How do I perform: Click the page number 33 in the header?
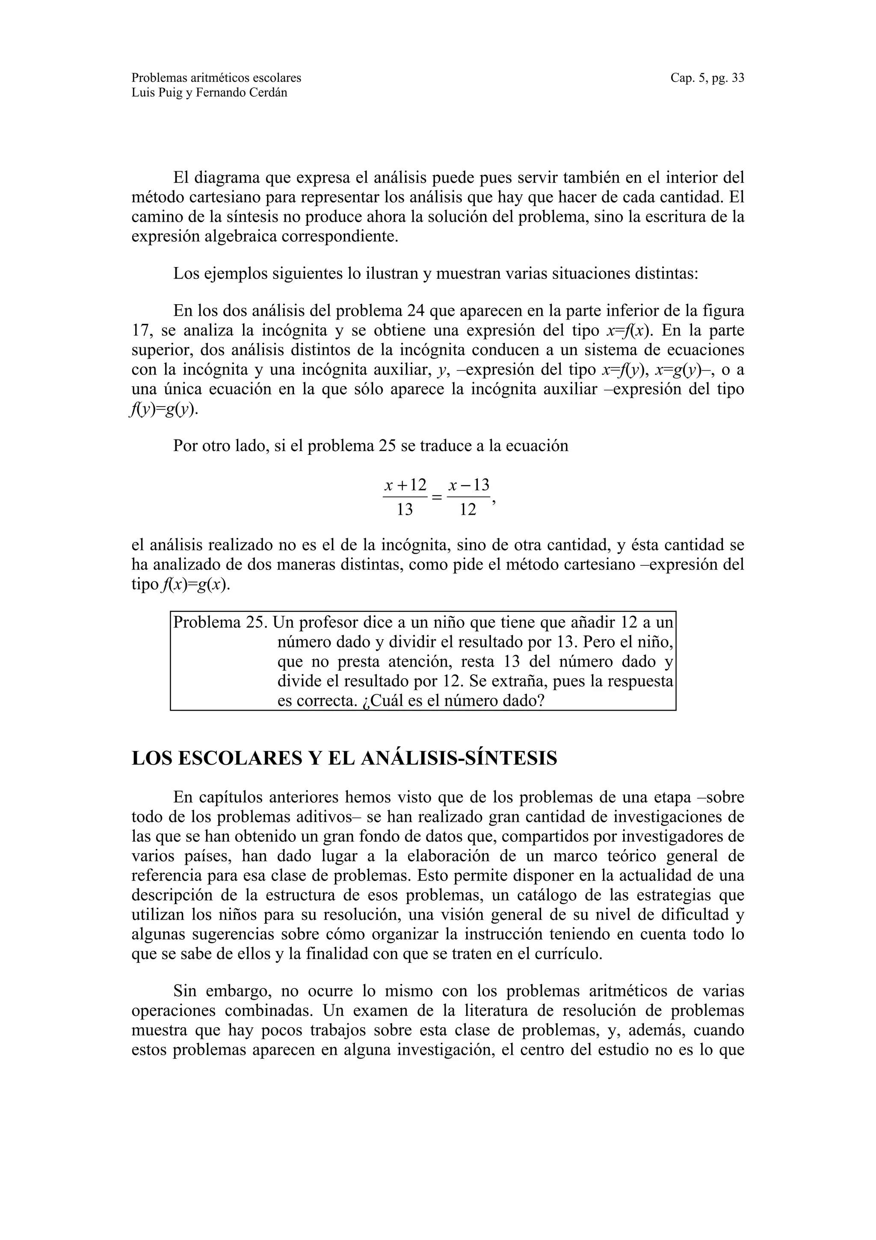(x=737, y=78)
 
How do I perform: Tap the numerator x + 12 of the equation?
(x=405, y=484)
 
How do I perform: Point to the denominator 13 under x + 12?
(x=405, y=509)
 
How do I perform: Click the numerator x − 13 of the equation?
(x=468, y=484)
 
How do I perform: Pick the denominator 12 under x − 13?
(x=468, y=509)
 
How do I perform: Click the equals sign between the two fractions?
(x=437, y=497)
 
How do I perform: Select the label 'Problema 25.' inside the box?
(x=220, y=623)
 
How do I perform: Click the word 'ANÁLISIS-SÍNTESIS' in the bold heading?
(x=459, y=758)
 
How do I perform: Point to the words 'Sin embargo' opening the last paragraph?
(x=226, y=991)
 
